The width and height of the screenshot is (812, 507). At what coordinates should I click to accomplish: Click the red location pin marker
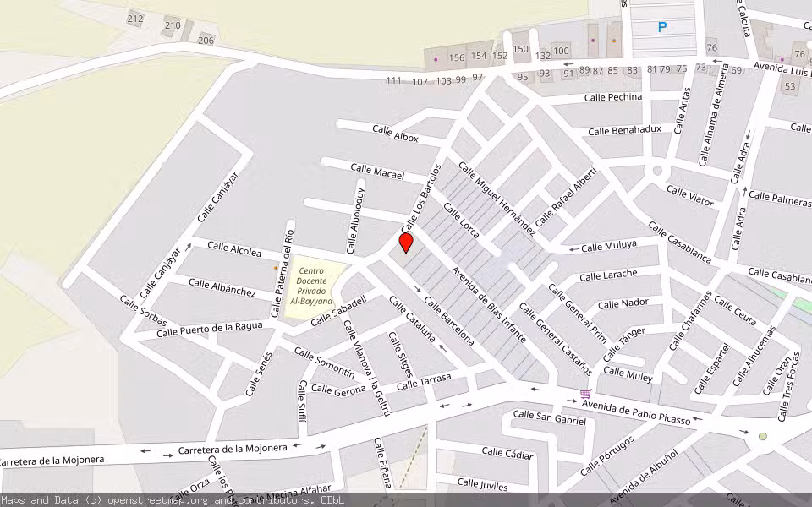coord(406,243)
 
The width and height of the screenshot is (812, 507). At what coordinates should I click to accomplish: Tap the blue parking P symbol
coord(662,27)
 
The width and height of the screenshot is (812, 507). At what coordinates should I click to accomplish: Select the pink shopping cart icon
coord(585,394)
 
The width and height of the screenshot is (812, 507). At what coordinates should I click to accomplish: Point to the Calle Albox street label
coord(395,133)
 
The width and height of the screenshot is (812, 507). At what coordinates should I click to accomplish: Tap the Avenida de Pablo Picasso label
coord(636,409)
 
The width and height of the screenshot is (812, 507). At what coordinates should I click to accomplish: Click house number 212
coord(135,19)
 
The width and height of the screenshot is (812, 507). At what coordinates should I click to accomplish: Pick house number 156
coord(457,57)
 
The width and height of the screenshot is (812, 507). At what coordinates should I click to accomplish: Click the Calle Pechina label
coord(613,97)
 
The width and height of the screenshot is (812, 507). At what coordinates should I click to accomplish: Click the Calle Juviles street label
coord(482,483)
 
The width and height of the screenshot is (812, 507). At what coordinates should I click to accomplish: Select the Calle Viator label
coord(690,196)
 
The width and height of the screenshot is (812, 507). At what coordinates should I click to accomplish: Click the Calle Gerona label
coord(338,390)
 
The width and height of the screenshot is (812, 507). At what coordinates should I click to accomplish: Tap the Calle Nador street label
coord(623,303)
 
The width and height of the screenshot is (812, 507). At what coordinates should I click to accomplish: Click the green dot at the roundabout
coord(763,437)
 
